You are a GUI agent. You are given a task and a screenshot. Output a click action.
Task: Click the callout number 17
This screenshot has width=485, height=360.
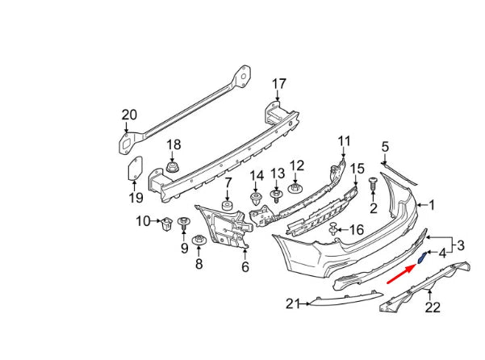[278, 83]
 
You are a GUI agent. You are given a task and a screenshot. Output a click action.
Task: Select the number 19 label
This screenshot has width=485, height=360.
[135, 197]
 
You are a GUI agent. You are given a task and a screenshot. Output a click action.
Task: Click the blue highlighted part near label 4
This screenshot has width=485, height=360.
[422, 258]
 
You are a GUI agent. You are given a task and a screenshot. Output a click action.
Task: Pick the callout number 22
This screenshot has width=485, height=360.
[433, 307]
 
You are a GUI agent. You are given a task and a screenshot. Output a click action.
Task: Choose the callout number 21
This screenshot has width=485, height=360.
[292, 303]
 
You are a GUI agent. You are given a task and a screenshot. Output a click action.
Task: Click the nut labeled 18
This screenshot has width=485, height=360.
[172, 170]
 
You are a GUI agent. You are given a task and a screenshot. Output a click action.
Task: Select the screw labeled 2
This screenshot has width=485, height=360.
[373, 185]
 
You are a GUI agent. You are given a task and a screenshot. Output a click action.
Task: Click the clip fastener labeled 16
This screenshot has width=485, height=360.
[332, 232]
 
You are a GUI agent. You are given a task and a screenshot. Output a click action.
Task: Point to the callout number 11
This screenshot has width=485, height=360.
[345, 141]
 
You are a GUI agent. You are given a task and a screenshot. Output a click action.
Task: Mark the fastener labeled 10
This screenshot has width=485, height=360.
[165, 222]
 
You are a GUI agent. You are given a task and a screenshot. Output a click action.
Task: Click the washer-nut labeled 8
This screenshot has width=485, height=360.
[198, 241]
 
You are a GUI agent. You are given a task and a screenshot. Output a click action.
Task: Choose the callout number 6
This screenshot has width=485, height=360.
[245, 267]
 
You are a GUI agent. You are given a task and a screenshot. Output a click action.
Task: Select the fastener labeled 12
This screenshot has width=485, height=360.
[295, 190]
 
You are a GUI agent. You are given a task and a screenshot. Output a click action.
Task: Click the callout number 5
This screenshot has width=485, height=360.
[385, 146]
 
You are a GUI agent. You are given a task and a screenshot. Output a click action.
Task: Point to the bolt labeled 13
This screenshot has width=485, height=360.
[277, 195]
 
